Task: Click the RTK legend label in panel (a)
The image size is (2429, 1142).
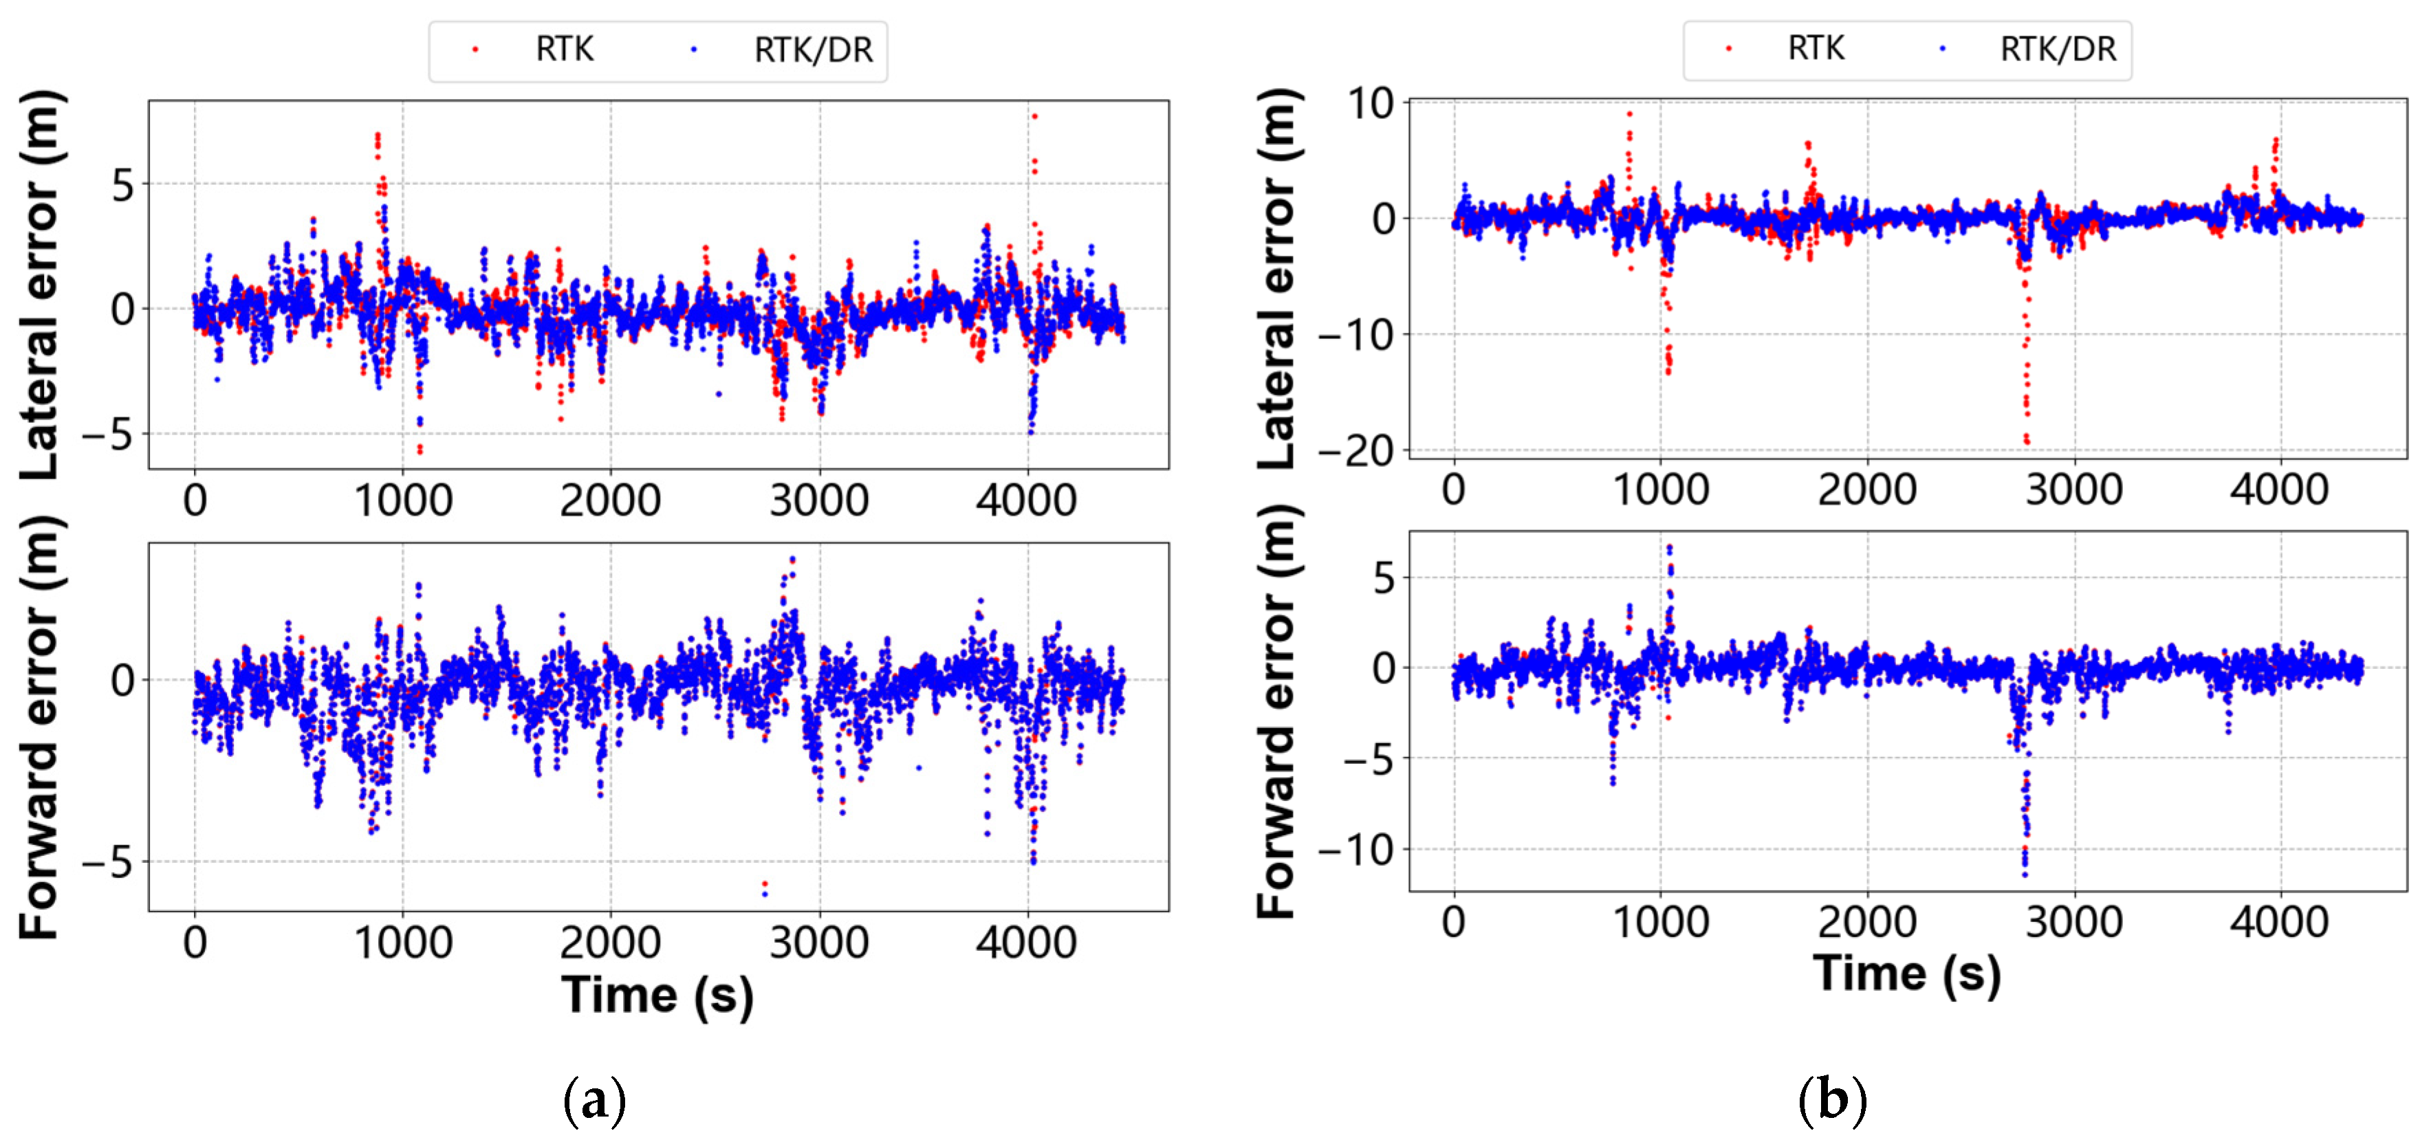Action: [x=564, y=49]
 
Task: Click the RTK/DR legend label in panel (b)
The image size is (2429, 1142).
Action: [x=2058, y=49]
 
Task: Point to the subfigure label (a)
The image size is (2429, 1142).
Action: [x=594, y=1099]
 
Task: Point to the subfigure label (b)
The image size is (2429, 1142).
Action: [x=1831, y=1099]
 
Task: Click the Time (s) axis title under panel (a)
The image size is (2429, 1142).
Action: [x=657, y=996]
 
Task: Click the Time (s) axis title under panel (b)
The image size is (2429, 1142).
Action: [x=1906, y=973]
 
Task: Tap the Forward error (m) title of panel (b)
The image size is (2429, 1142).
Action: [x=1278, y=712]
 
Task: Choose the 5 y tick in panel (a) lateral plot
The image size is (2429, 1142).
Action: [x=122, y=186]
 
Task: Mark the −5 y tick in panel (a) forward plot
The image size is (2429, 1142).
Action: [x=107, y=862]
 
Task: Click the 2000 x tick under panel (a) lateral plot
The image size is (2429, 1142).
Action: [x=610, y=500]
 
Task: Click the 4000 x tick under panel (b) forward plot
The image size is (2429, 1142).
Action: [x=2279, y=921]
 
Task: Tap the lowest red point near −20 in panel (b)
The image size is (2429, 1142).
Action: [x=2027, y=441]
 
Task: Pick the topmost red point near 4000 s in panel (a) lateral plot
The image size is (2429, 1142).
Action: [x=1034, y=117]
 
